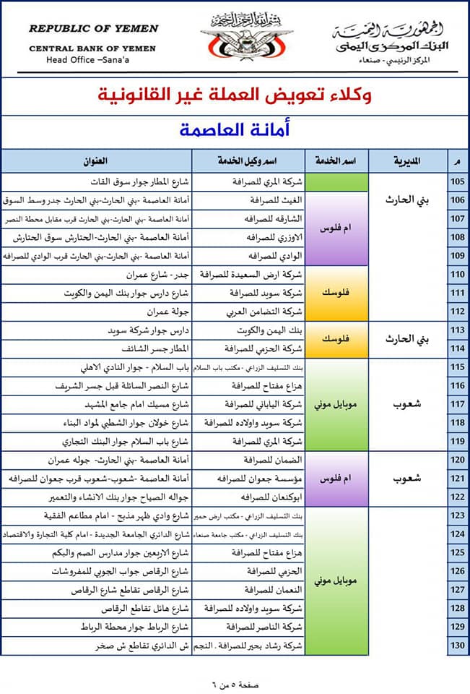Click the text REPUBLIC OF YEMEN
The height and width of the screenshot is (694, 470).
coord(93,29)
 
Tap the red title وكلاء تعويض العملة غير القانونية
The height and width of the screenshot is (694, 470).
coord(235,95)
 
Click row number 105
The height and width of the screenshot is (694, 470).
coord(458,181)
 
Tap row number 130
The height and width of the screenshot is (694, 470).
coord(458,646)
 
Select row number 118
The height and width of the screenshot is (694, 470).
coord(458,422)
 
